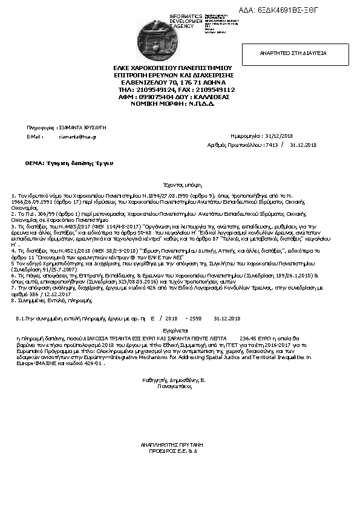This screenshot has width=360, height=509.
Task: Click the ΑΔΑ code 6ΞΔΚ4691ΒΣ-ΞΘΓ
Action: point(287,10)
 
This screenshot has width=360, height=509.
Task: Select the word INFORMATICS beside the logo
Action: point(186,16)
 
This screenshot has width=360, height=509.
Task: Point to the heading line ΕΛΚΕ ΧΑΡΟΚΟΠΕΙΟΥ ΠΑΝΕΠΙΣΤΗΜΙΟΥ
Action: point(174,68)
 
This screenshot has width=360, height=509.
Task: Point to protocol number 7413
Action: point(271,145)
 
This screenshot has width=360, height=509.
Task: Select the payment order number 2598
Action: point(195,318)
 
